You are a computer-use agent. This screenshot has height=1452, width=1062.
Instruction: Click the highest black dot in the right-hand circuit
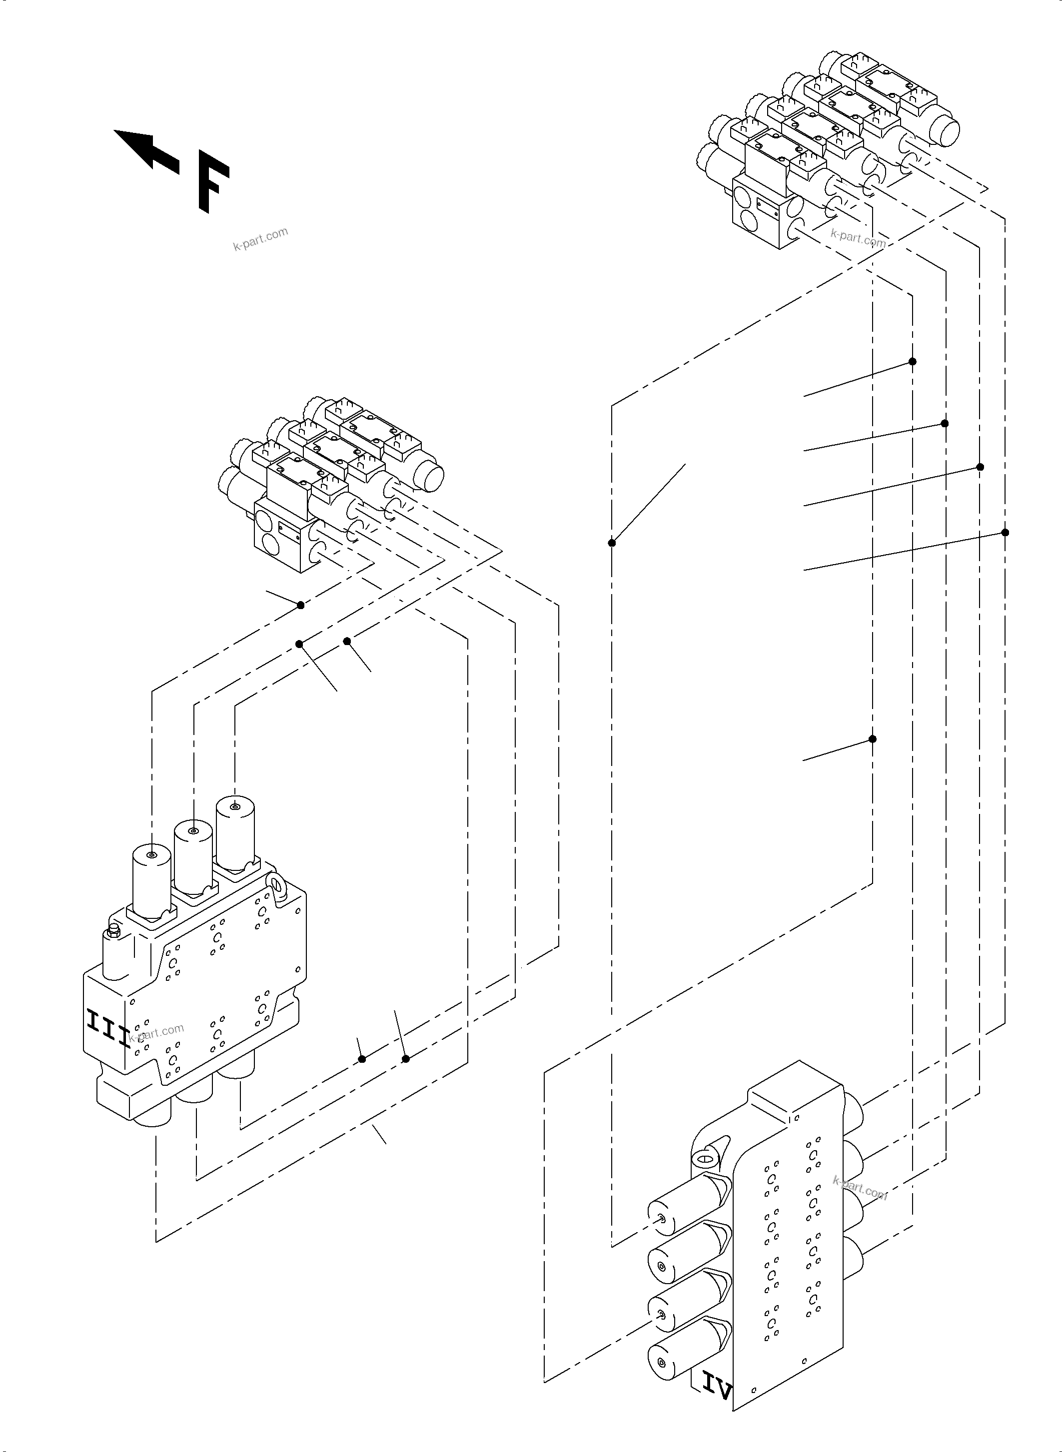click(x=912, y=361)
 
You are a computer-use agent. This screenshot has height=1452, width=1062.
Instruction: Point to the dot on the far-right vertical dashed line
click(x=1006, y=532)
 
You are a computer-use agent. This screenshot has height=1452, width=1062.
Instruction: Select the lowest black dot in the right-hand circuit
click(x=873, y=738)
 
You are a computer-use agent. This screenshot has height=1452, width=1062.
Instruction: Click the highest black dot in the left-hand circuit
click(x=300, y=605)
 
